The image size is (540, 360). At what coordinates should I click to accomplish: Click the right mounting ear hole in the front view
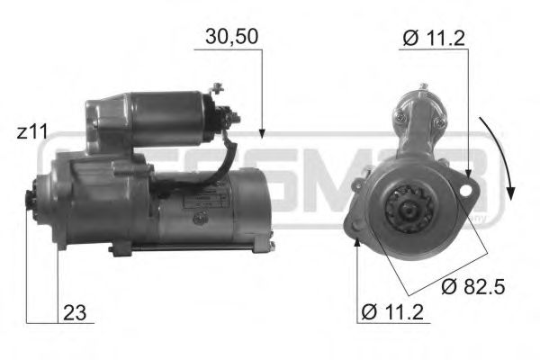pos(466,187)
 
